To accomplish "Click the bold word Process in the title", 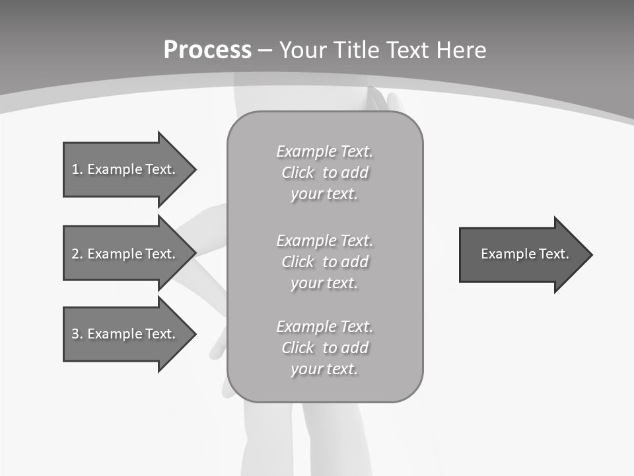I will pos(207,50).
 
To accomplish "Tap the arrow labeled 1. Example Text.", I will pos(125,169).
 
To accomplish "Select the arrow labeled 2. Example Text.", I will pos(125,254).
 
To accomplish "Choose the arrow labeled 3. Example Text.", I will pos(125,334).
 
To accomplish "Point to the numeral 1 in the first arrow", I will pos(75,169).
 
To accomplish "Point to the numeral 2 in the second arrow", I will pos(75,254).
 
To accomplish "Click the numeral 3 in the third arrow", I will pos(75,334).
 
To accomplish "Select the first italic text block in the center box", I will pos(324,173).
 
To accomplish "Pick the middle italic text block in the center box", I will pos(324,262).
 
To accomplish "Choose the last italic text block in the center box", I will pos(324,348).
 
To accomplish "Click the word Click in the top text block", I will pos(298,173).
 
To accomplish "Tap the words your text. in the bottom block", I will pos(324,369).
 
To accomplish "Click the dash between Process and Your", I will pos(265,50).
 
